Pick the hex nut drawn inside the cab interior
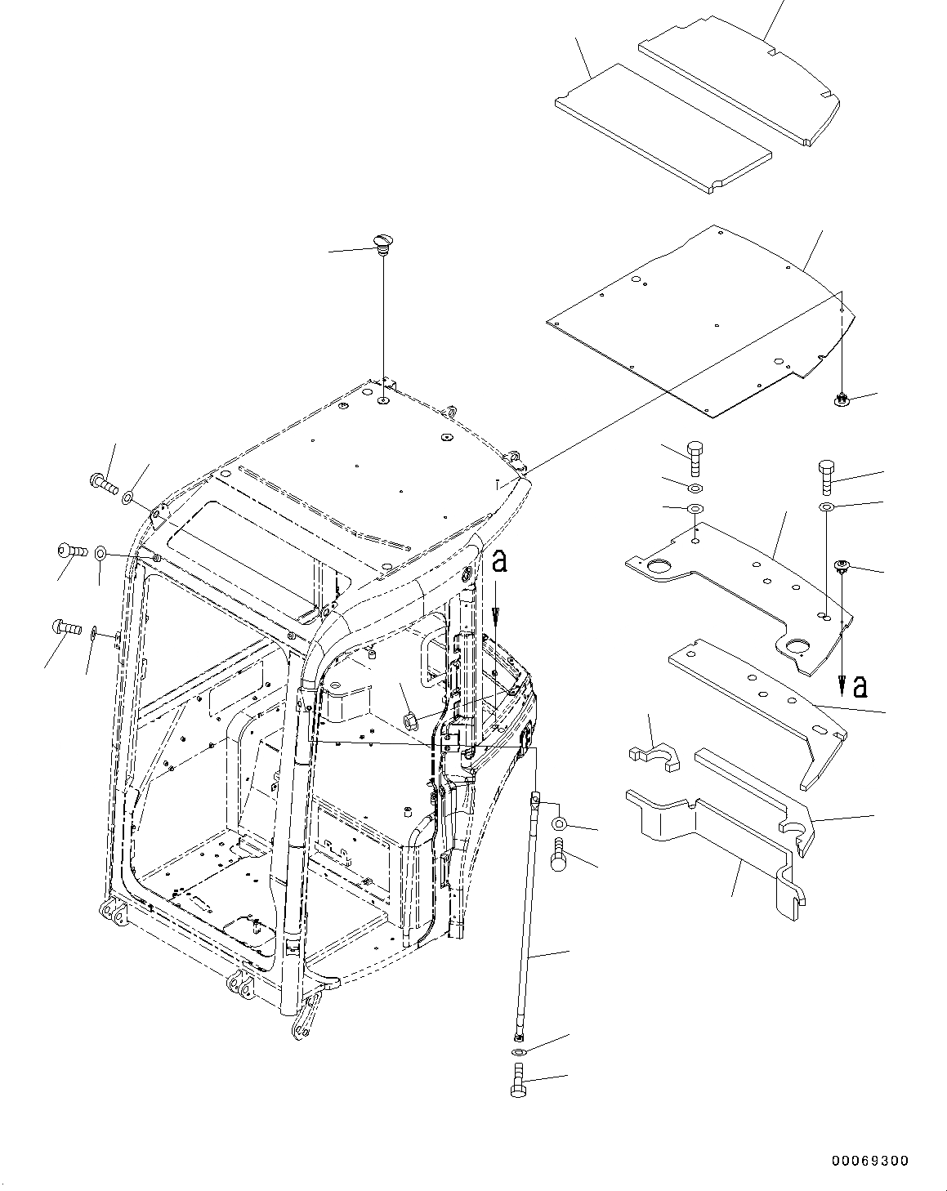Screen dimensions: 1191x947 tap(410, 720)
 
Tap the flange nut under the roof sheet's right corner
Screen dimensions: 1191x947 tap(839, 399)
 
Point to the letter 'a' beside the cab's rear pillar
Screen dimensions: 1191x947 tap(500, 562)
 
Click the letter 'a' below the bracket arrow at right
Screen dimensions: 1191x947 tap(859, 687)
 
